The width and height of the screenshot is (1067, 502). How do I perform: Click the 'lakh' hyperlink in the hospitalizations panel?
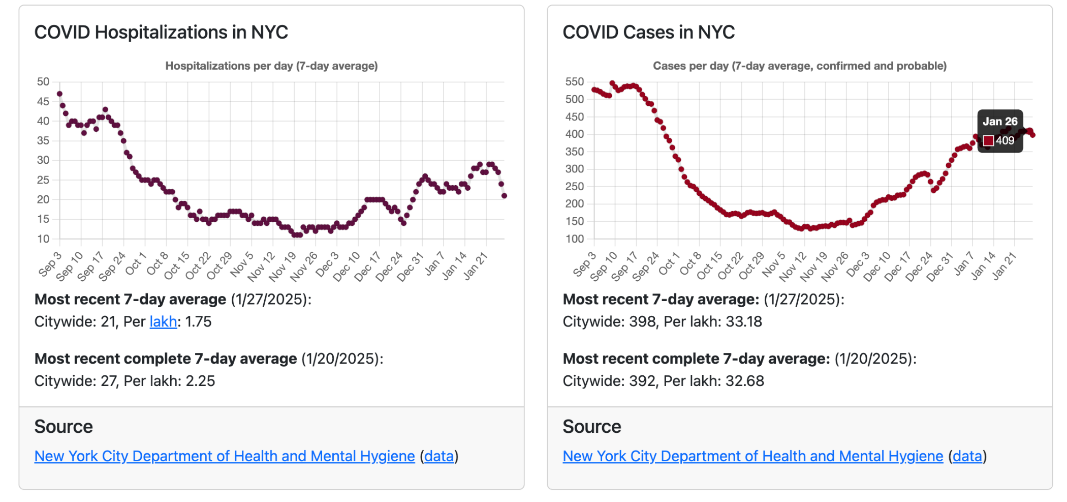click(163, 322)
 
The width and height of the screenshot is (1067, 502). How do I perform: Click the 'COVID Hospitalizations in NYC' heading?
click(161, 33)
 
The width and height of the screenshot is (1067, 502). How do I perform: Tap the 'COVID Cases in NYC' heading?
click(648, 33)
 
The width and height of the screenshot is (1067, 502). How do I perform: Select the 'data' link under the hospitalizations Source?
click(439, 456)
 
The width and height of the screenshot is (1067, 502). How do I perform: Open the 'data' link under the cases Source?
click(967, 456)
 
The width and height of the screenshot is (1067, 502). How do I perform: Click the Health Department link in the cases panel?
click(752, 456)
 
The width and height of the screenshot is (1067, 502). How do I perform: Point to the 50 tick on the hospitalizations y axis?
click(43, 82)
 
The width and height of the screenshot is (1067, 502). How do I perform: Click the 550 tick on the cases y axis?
click(574, 82)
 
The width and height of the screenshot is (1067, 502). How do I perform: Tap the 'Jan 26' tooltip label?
click(1000, 122)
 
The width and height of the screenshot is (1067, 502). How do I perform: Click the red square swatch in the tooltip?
click(988, 141)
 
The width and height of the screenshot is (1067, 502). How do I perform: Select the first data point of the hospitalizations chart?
click(59, 94)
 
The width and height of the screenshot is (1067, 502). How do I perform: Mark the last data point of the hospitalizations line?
click(504, 196)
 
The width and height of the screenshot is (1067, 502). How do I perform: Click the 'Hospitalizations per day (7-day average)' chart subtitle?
click(271, 66)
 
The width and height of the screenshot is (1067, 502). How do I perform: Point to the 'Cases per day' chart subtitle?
click(799, 66)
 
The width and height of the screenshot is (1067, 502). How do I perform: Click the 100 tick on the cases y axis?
click(574, 239)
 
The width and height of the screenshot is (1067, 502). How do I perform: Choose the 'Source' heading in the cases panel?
click(591, 427)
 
